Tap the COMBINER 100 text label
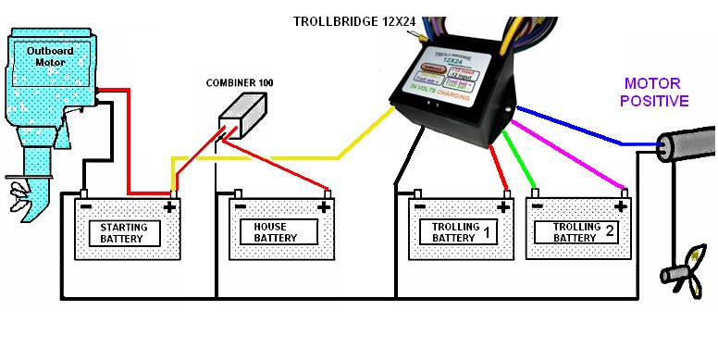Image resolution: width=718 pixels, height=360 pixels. point(239,83)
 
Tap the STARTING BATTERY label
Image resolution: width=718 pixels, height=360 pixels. point(124,233)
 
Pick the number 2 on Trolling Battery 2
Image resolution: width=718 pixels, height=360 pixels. point(610,232)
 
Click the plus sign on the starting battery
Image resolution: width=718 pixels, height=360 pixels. point(168,207)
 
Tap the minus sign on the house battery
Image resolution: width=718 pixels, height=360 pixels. point(240,206)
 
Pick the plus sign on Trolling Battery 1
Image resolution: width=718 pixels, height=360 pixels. point(504,207)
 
